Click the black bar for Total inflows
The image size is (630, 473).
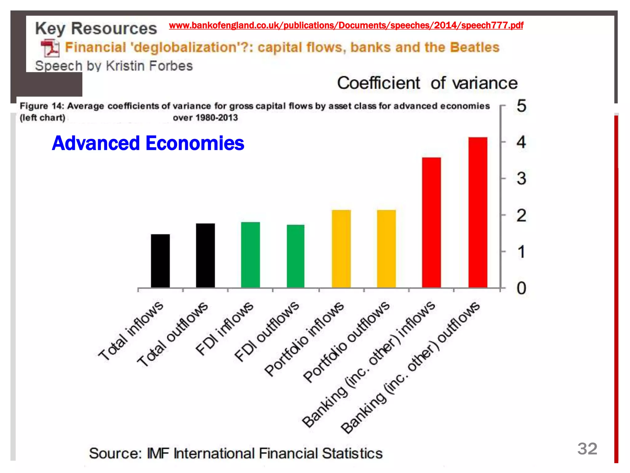pos(160,261)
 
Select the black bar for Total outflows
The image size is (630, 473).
pos(205,256)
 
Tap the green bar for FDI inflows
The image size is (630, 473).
pos(250,255)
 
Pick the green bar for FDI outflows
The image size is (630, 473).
pos(296,256)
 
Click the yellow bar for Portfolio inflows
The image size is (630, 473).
pos(341,249)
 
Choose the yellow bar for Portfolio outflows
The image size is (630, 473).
pos(386,249)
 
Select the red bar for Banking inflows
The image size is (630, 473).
pos(431,222)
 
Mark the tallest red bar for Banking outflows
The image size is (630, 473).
pos(478,212)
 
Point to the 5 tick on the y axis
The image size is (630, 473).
pos(521,106)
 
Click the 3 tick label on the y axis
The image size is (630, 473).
pos(521,179)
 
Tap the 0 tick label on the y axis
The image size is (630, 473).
pos(521,289)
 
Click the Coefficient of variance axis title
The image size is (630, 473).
pos(427,83)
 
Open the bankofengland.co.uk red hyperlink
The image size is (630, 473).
pos(346,25)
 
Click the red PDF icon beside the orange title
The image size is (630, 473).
pos(50,48)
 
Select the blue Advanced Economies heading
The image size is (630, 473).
pos(148,143)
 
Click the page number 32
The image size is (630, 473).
pos(587,449)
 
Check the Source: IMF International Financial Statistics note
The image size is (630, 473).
pos(236,453)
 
